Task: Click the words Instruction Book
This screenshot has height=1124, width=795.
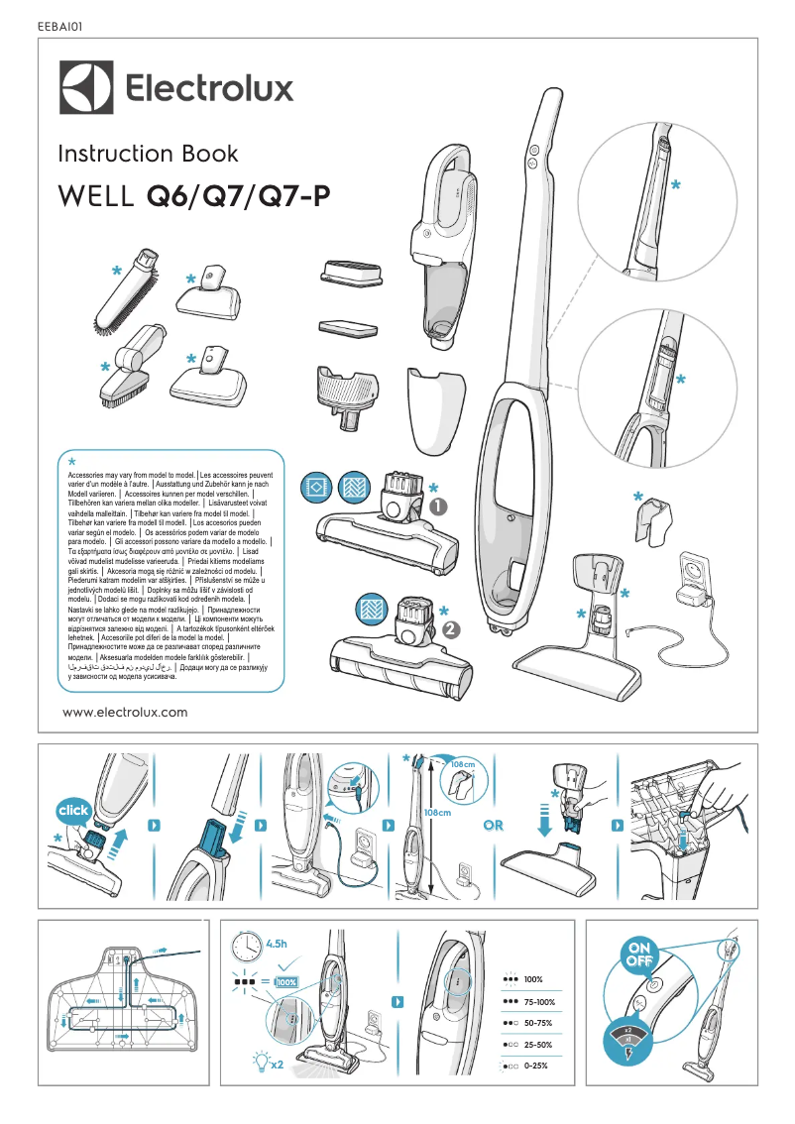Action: pyautogui.click(x=148, y=154)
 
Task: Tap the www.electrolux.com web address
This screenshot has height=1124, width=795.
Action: pyautogui.click(x=125, y=712)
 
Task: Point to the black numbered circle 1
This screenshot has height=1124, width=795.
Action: pyautogui.click(x=440, y=506)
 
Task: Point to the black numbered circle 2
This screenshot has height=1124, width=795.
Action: pyautogui.click(x=452, y=628)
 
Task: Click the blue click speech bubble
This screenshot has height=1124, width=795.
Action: pyautogui.click(x=73, y=811)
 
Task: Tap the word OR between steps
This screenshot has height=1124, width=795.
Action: pyautogui.click(x=494, y=826)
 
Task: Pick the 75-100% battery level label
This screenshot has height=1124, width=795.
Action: pyautogui.click(x=540, y=1002)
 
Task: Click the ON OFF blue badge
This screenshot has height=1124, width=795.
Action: pyautogui.click(x=636, y=956)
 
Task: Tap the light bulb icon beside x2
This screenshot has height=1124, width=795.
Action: pyautogui.click(x=260, y=1062)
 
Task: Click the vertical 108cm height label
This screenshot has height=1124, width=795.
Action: pyautogui.click(x=437, y=812)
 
